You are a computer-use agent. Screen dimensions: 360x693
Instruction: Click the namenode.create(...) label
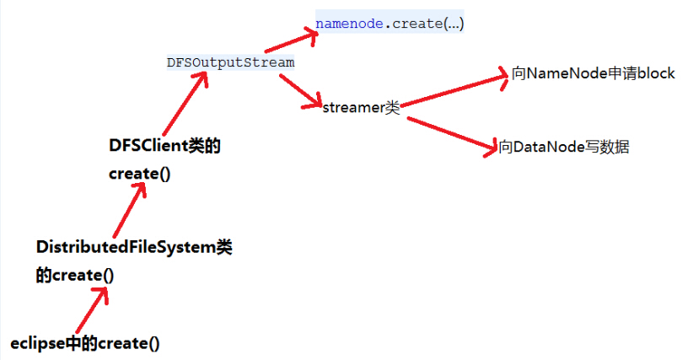[x=389, y=24]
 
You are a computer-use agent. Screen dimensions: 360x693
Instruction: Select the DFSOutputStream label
[x=231, y=62]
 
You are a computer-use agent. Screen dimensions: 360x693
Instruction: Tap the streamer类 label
[x=360, y=108]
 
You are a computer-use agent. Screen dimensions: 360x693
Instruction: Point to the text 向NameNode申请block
[x=593, y=73]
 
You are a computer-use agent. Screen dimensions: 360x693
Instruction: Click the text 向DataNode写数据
[x=564, y=148]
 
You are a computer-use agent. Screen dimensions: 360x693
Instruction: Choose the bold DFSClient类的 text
[x=164, y=146]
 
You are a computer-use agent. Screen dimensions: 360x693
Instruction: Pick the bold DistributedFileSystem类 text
[x=134, y=247]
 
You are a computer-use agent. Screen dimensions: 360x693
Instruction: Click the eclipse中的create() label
[x=85, y=343]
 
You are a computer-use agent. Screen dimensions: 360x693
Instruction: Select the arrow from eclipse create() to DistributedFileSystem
[x=91, y=309]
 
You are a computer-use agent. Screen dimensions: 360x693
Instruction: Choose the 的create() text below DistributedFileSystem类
[x=75, y=275]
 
